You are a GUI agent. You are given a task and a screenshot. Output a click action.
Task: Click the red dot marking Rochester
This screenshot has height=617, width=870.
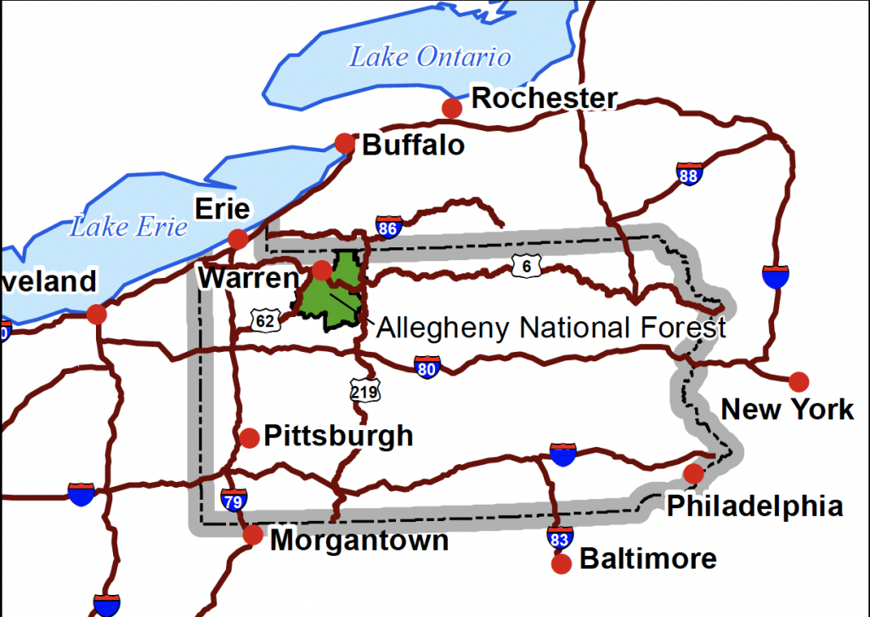coord(452,108)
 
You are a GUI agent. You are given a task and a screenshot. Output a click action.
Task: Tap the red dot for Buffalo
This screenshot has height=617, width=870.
coord(344,143)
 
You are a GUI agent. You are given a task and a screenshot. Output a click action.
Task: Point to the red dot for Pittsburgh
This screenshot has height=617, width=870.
coord(249,438)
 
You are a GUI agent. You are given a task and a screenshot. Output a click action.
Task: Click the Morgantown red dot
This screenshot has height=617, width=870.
coord(253,535)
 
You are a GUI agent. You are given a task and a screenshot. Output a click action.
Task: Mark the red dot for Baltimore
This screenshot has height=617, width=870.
coord(561,563)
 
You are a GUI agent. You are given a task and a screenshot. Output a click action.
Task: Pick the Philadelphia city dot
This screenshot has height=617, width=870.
coord(694,473)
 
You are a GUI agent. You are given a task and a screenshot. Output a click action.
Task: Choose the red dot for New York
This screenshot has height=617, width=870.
coord(799,382)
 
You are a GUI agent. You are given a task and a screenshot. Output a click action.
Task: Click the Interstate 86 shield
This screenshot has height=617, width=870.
coord(387,226)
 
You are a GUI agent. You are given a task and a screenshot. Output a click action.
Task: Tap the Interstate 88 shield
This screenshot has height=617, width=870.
coord(689,174)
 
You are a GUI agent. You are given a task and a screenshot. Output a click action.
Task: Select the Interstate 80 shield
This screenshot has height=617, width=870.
coord(427,367)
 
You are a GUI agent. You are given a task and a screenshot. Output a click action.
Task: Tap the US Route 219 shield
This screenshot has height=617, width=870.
coord(364,390)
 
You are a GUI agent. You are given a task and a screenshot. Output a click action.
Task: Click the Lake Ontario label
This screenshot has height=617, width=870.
coord(431,57)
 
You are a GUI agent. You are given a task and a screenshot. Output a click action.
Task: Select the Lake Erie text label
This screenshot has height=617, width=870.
coord(128,227)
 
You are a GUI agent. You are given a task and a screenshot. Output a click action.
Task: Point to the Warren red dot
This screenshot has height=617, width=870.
coord(322,270)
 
